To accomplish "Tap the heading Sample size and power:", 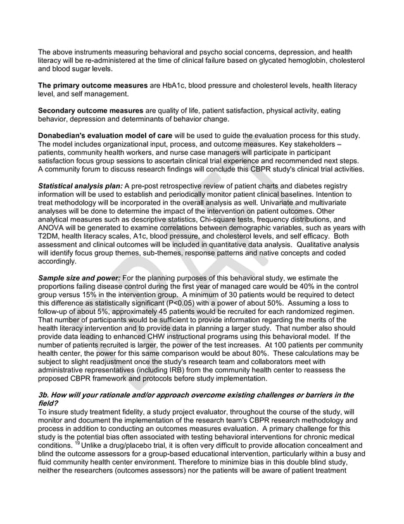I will pyautogui.click(x=78, y=278).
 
